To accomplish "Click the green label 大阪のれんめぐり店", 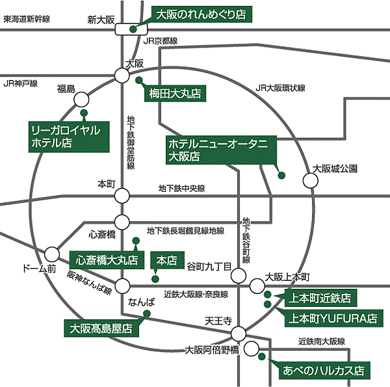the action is (x=201, y=14).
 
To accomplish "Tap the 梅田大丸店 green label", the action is (x=175, y=94).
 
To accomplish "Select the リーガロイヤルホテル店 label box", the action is (x=69, y=137).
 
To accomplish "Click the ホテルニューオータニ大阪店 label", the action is (x=221, y=150).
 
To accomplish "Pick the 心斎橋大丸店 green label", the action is (x=107, y=260).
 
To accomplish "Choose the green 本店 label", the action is (x=168, y=260).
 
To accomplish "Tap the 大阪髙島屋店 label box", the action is (x=101, y=328).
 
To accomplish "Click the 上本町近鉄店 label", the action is (x=321, y=298).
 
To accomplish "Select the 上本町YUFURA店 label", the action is (x=334, y=318).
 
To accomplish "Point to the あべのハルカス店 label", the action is (x=324, y=371).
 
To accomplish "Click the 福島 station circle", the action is (x=81, y=100).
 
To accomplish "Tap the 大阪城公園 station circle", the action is (x=311, y=180).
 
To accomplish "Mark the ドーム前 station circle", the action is (x=52, y=254).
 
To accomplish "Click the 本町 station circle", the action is (x=122, y=196).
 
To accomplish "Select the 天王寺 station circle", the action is (x=239, y=334).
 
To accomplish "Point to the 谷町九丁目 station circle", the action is (x=239, y=276).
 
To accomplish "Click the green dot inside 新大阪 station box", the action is (x=133, y=29).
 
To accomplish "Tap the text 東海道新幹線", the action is (x=27, y=19).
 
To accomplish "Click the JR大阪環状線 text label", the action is (x=280, y=88).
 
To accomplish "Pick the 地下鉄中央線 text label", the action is (x=182, y=189).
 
